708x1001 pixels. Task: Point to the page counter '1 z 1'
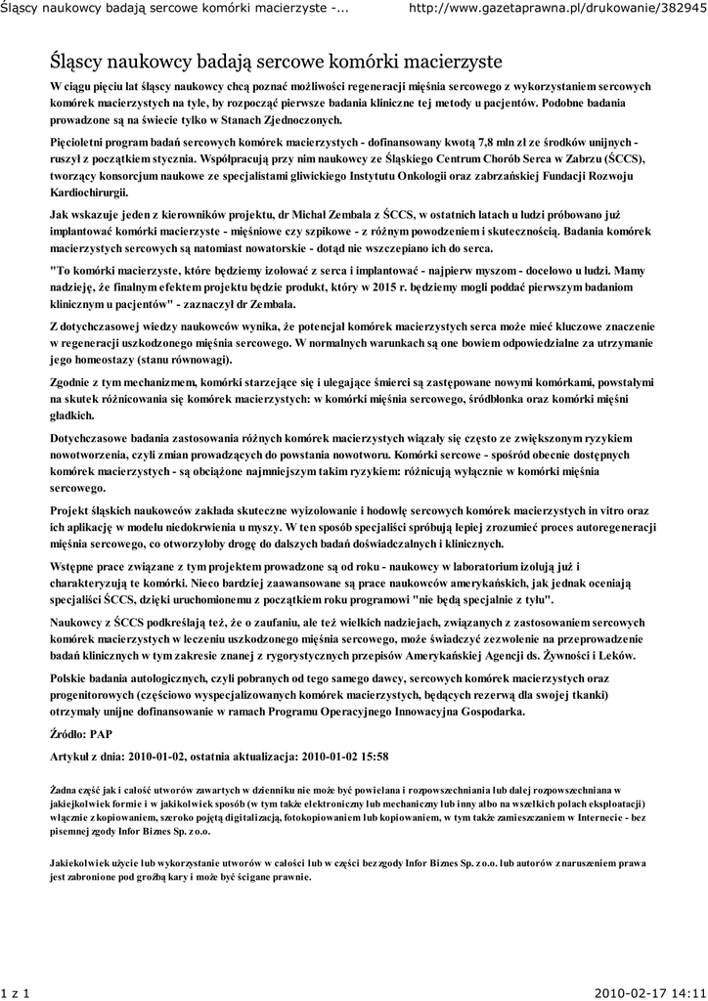tap(18, 990)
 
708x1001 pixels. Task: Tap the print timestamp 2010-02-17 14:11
tap(644, 990)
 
